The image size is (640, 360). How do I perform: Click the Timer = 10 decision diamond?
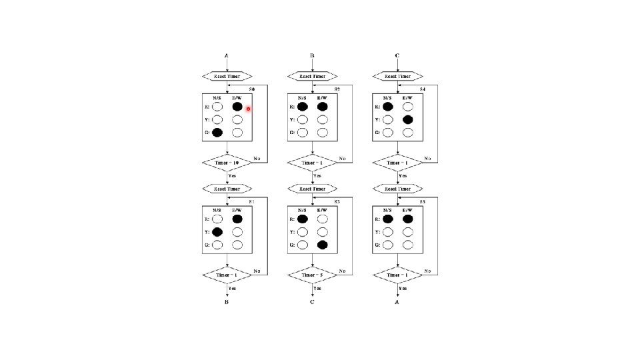point(227,162)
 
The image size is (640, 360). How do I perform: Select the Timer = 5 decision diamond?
point(313,274)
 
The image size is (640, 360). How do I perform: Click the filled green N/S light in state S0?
point(217,133)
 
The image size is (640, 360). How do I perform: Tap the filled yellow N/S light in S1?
point(217,232)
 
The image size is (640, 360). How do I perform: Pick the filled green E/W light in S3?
point(323,245)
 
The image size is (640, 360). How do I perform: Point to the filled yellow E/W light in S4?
point(408,119)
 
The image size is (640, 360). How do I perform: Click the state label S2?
point(337,89)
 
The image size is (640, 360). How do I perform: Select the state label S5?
point(423,201)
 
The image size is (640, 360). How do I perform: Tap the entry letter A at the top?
point(227,56)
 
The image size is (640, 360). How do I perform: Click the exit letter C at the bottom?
point(312,302)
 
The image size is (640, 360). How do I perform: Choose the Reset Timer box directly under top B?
point(313,76)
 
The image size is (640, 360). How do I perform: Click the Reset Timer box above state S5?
point(398,189)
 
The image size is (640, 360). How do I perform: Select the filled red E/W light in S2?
point(323,106)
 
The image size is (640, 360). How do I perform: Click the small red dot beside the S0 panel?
point(248,109)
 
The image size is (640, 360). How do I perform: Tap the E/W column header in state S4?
point(407,97)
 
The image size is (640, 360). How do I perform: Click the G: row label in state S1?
point(207,245)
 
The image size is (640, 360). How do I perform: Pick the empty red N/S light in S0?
point(217,106)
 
